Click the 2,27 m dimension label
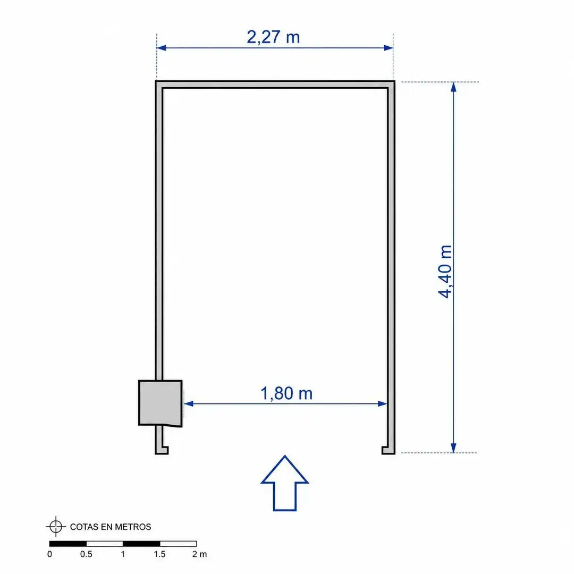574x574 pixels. [273, 37]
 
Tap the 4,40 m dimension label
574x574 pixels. [445, 271]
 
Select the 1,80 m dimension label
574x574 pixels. [286, 393]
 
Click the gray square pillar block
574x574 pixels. [161, 403]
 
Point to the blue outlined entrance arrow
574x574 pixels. [285, 483]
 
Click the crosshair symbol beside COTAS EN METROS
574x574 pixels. [56, 527]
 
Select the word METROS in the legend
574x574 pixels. [133, 527]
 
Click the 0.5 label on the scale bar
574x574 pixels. [87, 554]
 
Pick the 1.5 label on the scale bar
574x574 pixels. [159, 554]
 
